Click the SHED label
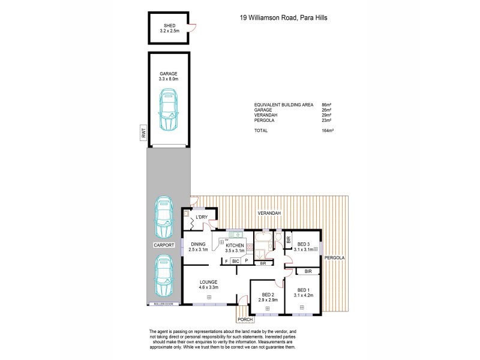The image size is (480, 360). (x=168, y=25)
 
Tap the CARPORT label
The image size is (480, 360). (x=164, y=245)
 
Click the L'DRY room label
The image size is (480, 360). (x=200, y=216)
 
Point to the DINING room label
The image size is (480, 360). (x=198, y=244)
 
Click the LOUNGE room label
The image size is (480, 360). (x=209, y=282)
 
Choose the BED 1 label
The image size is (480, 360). (x=304, y=290)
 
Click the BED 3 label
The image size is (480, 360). (x=304, y=244)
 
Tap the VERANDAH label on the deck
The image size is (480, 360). (x=270, y=213)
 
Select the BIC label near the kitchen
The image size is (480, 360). (x=236, y=262)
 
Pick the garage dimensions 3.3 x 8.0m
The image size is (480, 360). (x=168, y=79)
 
